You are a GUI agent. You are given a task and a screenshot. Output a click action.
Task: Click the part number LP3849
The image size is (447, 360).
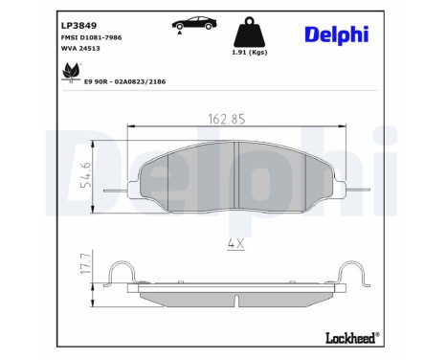tap(78, 25)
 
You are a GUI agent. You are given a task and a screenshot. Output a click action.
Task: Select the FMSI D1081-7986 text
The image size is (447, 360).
tap(91, 37)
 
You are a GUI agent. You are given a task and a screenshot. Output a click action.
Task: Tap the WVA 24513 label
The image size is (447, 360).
tap(80, 48)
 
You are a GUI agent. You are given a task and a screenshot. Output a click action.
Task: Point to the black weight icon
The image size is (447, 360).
tap(250, 32)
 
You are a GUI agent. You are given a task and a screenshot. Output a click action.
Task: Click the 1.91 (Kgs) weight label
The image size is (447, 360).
tap(250, 53)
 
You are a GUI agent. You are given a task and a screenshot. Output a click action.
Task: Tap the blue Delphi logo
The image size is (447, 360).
tap(337, 34)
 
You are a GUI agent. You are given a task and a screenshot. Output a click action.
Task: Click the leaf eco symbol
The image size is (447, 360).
tap(72, 73)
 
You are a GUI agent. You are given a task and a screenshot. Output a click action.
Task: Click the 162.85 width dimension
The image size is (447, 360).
tap(227, 120)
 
